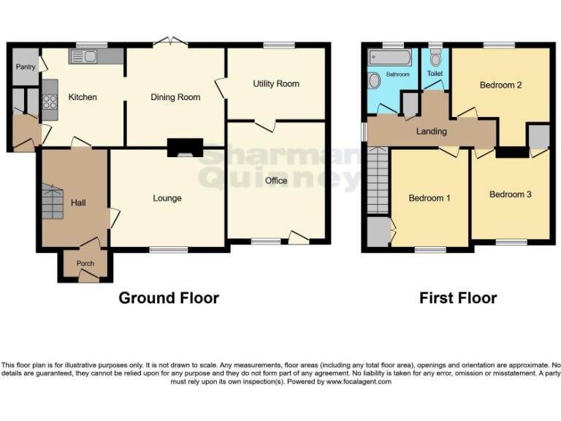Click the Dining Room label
tap(175, 96)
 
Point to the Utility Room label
tap(276, 83)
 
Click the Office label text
tap(276, 181)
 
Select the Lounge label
tap(167, 198)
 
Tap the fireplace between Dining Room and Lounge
tap(183, 148)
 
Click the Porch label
tap(85, 265)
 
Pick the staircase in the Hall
tap(53, 201)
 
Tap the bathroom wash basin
tap(375, 80)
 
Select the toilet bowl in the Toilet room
tap(435, 58)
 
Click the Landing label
tap(432, 132)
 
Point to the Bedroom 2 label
tap(500, 85)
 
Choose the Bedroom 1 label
tap(429, 198)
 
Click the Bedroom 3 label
tap(510, 194)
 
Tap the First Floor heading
tap(458, 297)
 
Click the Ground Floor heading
tap(169, 297)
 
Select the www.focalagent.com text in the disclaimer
tap(359, 382)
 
